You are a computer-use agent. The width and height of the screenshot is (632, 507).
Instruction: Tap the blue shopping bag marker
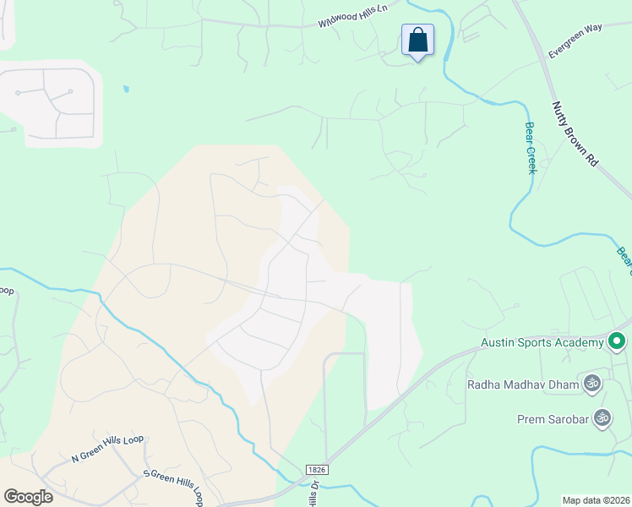[x=417, y=40]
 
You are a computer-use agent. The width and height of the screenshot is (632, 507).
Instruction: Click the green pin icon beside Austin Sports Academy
[x=617, y=341]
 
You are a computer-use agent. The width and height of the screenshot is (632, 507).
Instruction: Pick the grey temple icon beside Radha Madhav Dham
[x=592, y=384]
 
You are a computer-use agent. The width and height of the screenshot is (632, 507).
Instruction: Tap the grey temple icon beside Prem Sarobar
[x=602, y=417]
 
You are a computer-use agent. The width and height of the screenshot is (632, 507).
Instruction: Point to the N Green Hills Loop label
[x=108, y=449]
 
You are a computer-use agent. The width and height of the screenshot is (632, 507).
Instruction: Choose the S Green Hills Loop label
[x=174, y=484]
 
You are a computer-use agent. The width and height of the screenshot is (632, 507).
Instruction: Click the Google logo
[x=28, y=496]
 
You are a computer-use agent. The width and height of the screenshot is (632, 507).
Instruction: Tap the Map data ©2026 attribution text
[x=596, y=499]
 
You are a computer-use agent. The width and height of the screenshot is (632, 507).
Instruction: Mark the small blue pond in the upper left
[x=126, y=88]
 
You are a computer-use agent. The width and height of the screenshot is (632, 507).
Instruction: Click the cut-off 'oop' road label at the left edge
[x=7, y=292]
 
